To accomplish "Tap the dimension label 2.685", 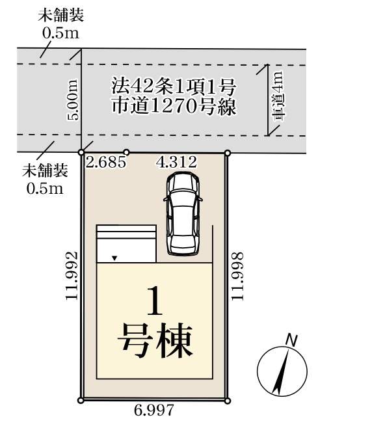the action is coord(106,162).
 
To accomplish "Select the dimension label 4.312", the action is coord(176,162).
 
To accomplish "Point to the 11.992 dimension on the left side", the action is coord(72,276).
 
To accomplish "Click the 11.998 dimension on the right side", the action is coord(237,276).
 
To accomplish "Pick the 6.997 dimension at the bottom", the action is coord(154,410).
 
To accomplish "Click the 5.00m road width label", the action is coord(73,100).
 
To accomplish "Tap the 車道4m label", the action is coord(278,96).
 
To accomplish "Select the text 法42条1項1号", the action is coord(174,87).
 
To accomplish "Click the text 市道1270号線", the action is coord(174,106).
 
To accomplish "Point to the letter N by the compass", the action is coord(291,340).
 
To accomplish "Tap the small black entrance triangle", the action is coord(114,258).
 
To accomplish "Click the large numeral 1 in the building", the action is coord(155,301).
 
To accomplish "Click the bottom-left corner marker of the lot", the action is coord(81,401).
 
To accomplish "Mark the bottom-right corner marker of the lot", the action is coord(228,401).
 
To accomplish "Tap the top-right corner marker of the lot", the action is coord(228,153).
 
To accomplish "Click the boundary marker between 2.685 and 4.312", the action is coord(126,152).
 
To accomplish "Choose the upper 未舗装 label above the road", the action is coord(61,15).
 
